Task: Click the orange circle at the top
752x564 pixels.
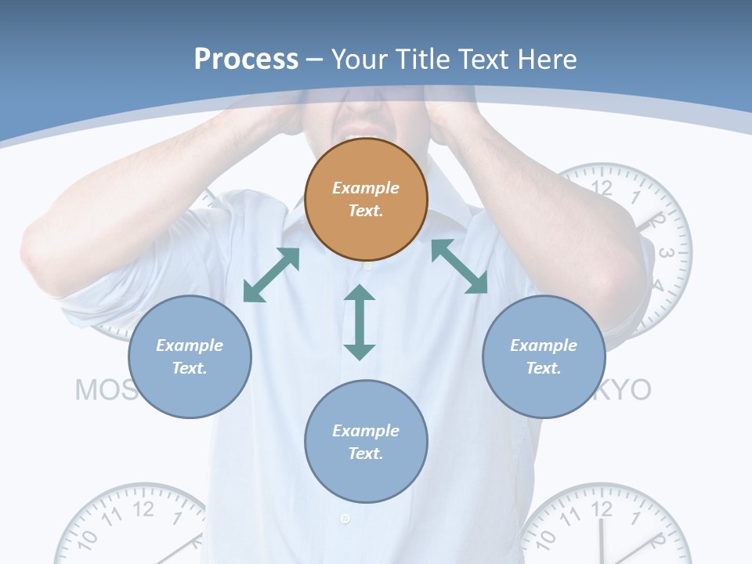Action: (x=366, y=199)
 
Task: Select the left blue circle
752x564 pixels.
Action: (x=190, y=356)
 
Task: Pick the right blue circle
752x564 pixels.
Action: (x=544, y=356)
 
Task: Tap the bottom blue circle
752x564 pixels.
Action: (x=366, y=442)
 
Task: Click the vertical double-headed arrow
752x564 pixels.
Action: (x=360, y=322)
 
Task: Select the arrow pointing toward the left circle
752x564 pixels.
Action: (x=271, y=275)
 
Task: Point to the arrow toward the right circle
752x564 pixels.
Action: (x=460, y=266)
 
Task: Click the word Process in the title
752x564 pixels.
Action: (x=246, y=59)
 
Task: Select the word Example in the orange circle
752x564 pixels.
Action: (x=366, y=188)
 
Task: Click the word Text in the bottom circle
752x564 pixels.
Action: (x=364, y=454)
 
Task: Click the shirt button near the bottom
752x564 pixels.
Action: (x=345, y=519)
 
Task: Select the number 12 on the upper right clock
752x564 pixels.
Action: (x=602, y=186)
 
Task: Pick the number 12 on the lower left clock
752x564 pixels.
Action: (x=143, y=509)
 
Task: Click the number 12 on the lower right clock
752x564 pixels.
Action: (x=602, y=509)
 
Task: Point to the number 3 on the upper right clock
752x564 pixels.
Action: (x=667, y=253)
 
